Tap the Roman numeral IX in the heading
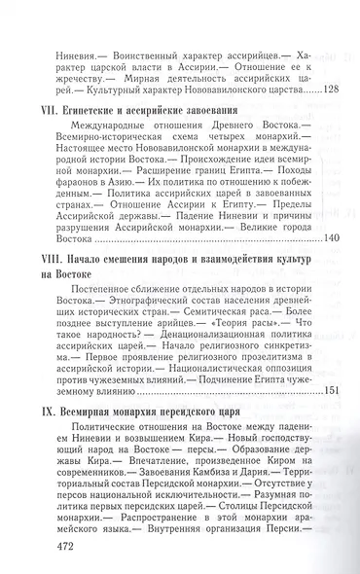point(47,413)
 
